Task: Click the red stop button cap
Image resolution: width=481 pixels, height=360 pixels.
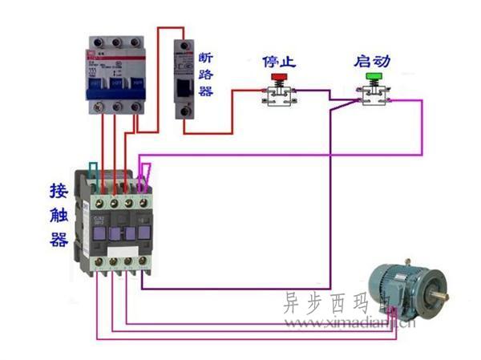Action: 279,78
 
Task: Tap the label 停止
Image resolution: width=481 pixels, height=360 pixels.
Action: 279,61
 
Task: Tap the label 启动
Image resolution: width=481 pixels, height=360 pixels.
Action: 373,61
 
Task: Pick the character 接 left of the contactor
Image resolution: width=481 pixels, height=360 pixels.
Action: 58,191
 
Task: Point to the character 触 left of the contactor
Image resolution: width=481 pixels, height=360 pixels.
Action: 58,215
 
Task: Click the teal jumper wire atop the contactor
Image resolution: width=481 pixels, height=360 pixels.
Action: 95,170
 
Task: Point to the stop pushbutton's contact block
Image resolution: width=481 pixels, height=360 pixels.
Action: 279,96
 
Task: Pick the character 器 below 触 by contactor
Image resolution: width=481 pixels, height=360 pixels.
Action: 58,239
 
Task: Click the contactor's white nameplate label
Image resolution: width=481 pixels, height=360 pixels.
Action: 100,219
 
